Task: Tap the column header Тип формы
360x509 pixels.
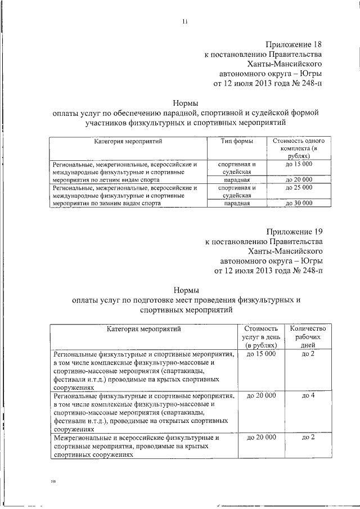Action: pos(236,141)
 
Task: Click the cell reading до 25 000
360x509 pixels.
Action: pos(299,187)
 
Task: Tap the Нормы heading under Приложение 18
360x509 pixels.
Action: pos(184,102)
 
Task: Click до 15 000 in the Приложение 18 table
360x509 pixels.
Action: pos(299,164)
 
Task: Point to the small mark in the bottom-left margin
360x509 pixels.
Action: pos(53,481)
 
